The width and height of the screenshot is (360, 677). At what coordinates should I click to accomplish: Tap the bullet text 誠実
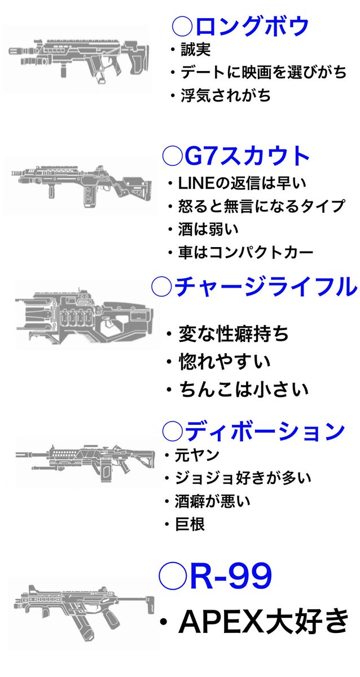[x=195, y=50]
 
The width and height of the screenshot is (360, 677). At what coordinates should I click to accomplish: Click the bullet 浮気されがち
[x=225, y=95]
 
